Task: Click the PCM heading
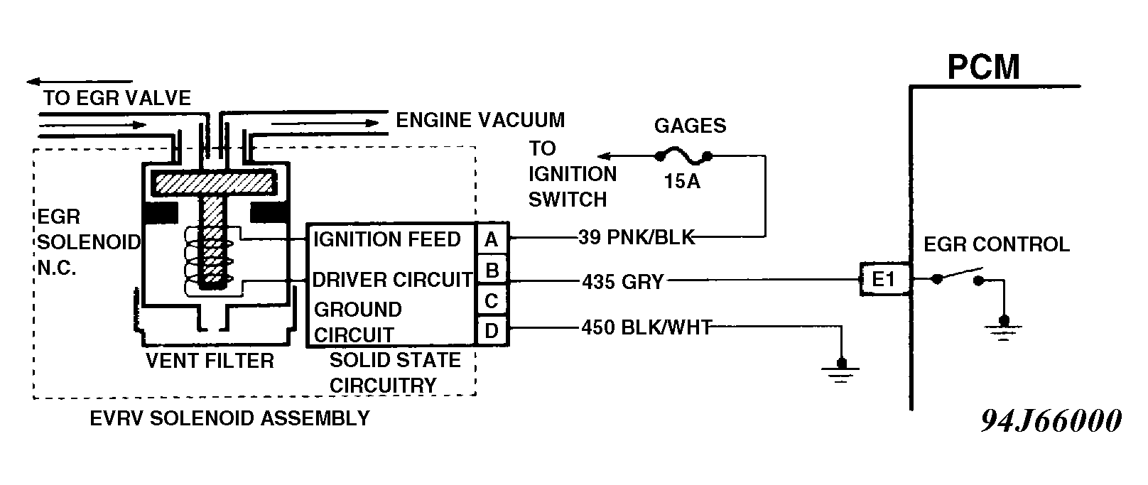tap(983, 67)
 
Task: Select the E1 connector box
tap(884, 279)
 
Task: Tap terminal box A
tap(492, 240)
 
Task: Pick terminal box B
tap(492, 271)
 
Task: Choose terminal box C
tap(492, 301)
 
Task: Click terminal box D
tap(492, 331)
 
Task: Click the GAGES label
tap(690, 126)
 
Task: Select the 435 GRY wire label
tap(622, 282)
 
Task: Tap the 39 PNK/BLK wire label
tap(637, 237)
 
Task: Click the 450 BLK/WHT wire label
tap(646, 327)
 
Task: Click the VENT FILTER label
tap(210, 361)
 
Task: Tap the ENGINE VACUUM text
tap(480, 120)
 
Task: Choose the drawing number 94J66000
tap(1051, 421)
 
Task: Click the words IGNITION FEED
tap(387, 239)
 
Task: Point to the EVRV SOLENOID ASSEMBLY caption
tap(229, 418)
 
